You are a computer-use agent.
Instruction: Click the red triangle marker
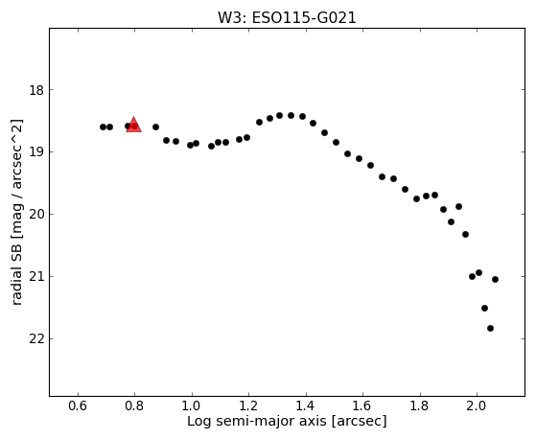(x=133, y=125)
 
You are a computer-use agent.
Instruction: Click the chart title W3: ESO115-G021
(x=287, y=18)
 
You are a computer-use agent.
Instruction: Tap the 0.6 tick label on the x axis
(x=78, y=405)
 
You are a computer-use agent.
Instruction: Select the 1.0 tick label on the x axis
(x=192, y=405)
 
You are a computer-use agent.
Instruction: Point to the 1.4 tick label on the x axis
(x=306, y=405)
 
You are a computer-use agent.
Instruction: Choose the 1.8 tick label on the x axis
(x=420, y=405)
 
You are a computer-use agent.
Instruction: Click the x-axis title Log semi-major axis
(x=257, y=421)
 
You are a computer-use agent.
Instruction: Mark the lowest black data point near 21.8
(x=490, y=328)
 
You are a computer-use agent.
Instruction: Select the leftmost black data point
(x=103, y=127)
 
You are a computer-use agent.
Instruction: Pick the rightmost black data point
(x=495, y=279)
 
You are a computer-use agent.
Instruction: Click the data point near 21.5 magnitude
(x=484, y=308)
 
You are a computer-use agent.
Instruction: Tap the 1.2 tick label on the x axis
(x=249, y=405)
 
